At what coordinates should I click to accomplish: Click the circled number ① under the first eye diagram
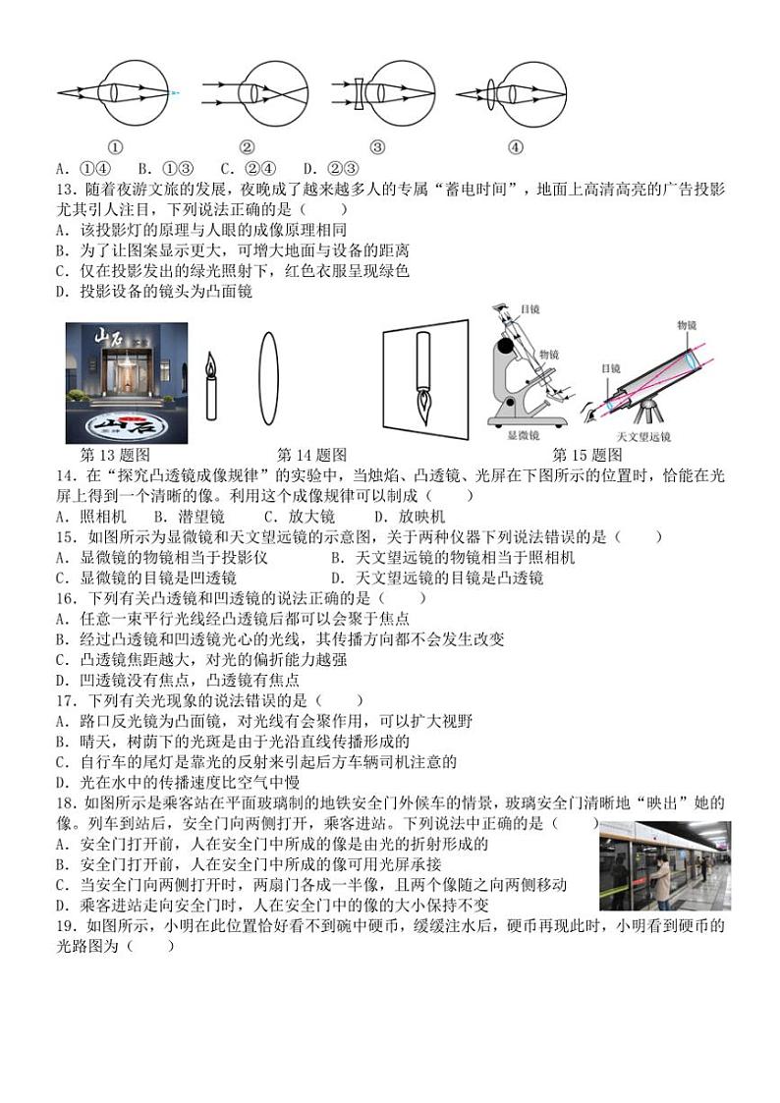click(x=115, y=148)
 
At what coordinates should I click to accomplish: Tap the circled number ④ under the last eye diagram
click(x=515, y=148)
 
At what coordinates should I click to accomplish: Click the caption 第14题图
click(x=312, y=455)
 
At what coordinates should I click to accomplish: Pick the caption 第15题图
click(x=587, y=455)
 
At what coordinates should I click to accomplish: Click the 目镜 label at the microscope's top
click(x=530, y=309)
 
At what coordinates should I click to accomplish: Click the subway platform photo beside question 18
click(x=664, y=865)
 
